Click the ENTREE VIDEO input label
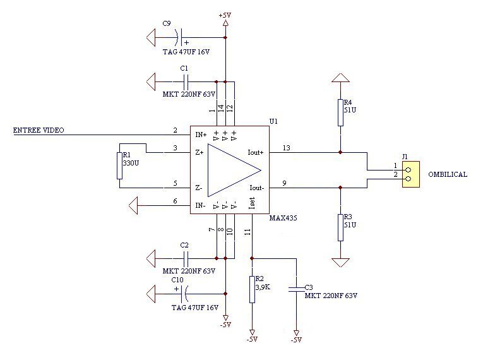pos(39,130)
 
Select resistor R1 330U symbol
pos(119,166)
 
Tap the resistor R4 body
pos(340,112)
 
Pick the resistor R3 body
pos(340,227)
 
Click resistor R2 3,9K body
pos(253,289)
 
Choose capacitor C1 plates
pos(186,82)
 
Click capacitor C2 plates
pos(186,258)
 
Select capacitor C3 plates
pos(296,289)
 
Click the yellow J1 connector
pos(411,174)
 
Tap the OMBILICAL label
pos(448,174)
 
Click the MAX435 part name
pos(283,218)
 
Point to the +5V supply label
pos(225,15)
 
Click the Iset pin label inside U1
pos(252,204)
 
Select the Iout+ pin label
pos(256,152)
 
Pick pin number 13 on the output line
pos(286,148)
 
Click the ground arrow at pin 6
pos(133,206)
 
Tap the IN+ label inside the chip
pos(201,135)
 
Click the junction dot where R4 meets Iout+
pos(340,152)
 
